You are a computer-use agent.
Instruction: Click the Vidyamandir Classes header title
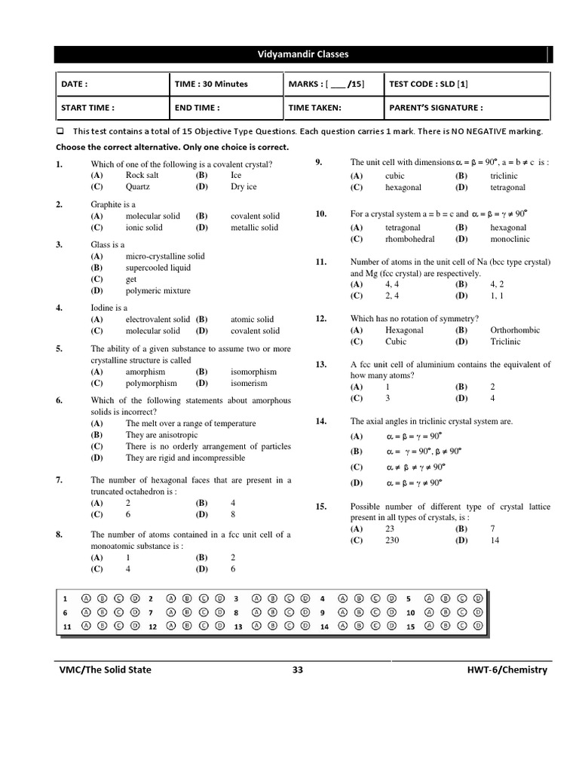pos(304,54)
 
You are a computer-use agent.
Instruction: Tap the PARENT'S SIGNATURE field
pos(436,108)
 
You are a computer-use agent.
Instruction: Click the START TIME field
pos(87,108)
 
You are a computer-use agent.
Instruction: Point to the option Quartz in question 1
pos(138,187)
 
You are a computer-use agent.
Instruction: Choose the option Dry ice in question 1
pos(244,187)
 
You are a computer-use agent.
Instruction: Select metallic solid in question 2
pos(254,228)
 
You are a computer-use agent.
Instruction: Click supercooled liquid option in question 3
pos(158,268)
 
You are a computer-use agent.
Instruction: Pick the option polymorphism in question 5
pos(152,383)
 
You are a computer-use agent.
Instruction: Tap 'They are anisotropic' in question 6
pos(162,435)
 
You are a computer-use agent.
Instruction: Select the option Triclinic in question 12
pos(505,342)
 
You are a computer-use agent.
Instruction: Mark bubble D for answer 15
pos(478,626)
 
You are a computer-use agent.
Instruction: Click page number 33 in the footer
pos(297,669)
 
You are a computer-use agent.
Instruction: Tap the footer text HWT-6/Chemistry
pos(507,669)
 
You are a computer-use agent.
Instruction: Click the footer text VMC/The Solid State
pos(106,669)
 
